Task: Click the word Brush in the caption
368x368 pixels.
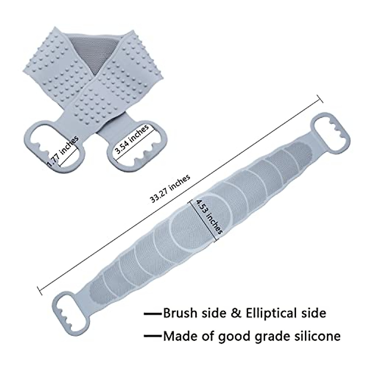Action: point(180,313)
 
